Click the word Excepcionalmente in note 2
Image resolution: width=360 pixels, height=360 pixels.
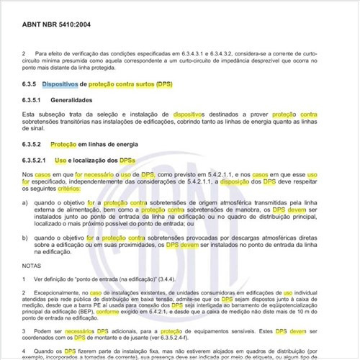point(62,293)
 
